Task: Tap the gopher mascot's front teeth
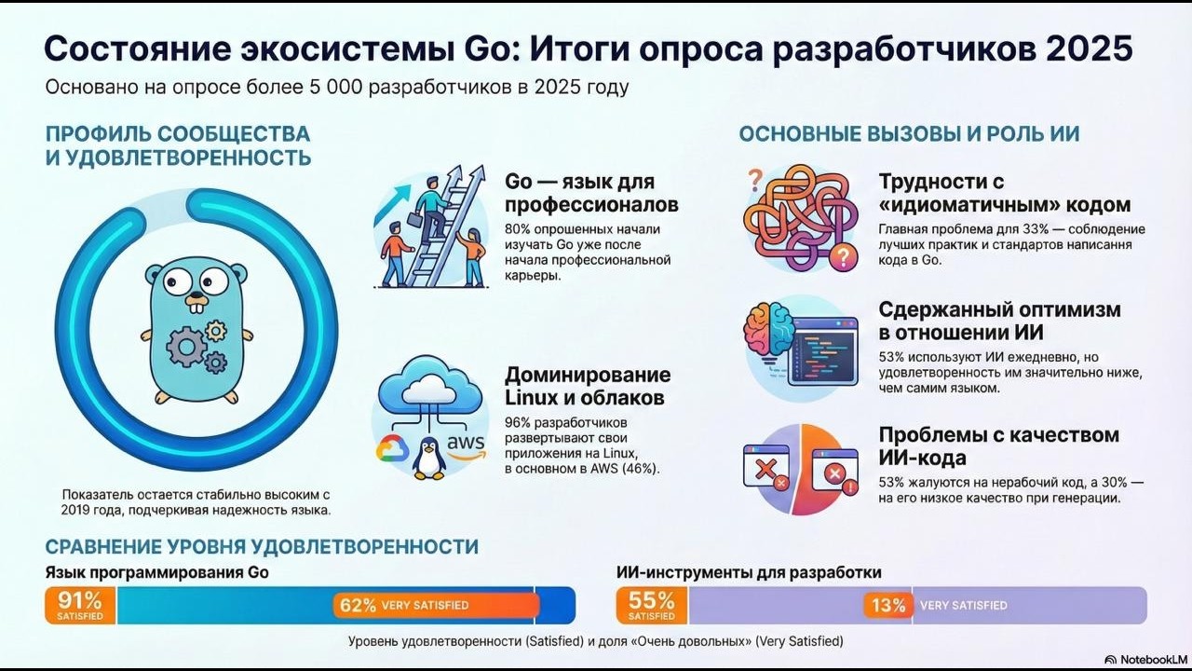(195, 302)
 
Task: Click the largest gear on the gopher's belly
(185, 346)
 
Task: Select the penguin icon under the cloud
(429, 458)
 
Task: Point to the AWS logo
(466, 445)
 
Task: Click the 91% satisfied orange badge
(80, 605)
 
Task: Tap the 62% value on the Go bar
(358, 605)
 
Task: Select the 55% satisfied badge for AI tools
(652, 605)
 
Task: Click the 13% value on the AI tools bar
(887, 605)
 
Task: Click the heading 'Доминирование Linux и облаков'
(587, 386)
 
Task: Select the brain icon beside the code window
(769, 332)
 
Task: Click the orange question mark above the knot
(755, 177)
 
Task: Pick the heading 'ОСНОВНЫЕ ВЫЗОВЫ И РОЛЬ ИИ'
(909, 133)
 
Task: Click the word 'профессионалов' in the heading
(591, 204)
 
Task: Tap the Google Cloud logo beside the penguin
(393, 451)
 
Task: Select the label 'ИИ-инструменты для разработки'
(749, 572)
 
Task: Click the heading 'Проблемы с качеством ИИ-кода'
(998, 445)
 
